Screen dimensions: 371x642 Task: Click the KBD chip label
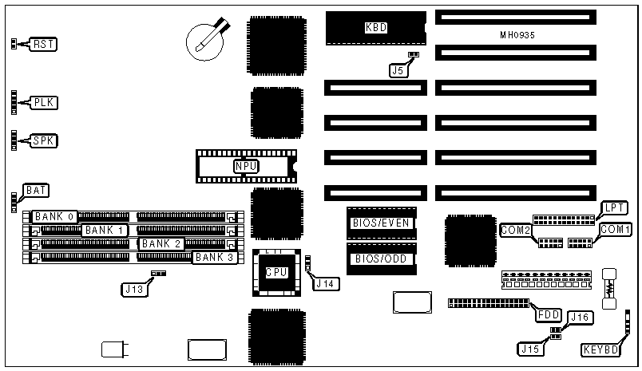[x=375, y=28]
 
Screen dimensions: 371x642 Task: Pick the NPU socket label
[x=246, y=166]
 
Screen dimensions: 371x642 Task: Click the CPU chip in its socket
[x=276, y=271]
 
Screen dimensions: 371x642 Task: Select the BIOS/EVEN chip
[x=382, y=223]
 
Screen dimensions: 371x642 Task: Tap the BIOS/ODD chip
[x=382, y=259]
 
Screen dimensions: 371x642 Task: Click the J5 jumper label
[x=398, y=70]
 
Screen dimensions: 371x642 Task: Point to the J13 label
[x=134, y=290]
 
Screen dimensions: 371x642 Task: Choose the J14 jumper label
[x=326, y=282]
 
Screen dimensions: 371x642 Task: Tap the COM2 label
[x=516, y=230]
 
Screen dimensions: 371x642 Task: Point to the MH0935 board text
[x=515, y=35]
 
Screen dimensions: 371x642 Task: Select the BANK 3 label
[x=214, y=257]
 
